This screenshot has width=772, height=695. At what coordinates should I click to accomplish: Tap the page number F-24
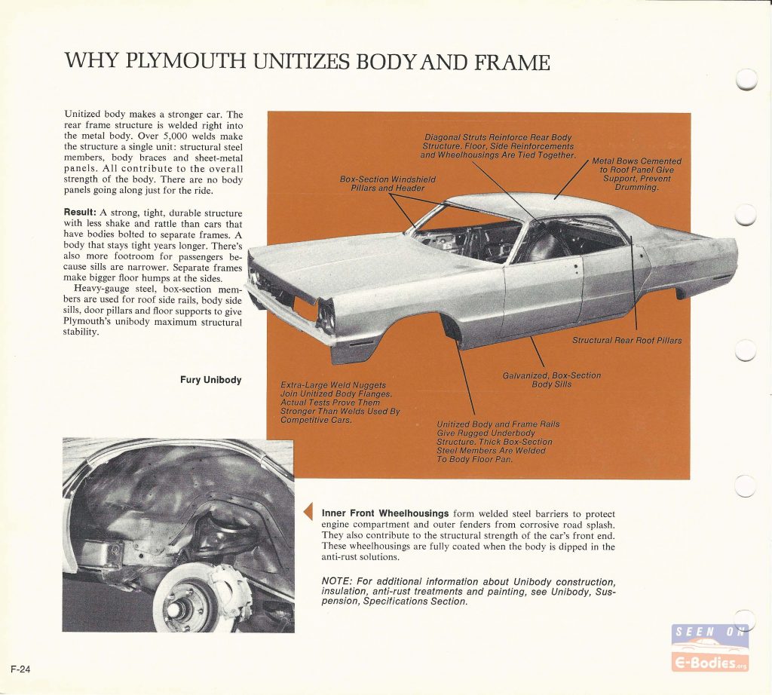point(20,669)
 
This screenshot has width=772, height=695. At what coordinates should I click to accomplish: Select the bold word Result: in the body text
point(80,213)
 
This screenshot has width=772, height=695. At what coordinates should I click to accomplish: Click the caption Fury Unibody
point(211,380)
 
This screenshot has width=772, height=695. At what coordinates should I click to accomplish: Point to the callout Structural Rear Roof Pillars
point(626,340)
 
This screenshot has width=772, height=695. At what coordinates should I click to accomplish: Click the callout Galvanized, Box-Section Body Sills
point(551,379)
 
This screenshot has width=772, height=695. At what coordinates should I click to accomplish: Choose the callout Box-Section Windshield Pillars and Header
point(388,184)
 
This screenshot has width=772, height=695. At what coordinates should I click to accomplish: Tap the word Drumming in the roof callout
point(636,188)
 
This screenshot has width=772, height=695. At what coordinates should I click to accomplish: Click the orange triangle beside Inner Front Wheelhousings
point(308,512)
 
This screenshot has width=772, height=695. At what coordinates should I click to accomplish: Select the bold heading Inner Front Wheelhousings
point(385,513)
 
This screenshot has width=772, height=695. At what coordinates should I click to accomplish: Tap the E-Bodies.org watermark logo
point(710,648)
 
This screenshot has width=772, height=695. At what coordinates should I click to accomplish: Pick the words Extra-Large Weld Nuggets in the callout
point(332,385)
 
